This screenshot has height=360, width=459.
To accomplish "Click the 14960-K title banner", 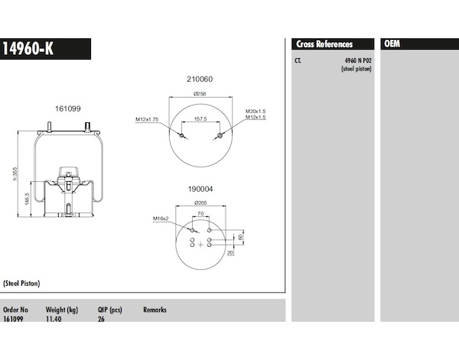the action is pos(45,49).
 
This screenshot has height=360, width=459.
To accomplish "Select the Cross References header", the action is pos(324,44).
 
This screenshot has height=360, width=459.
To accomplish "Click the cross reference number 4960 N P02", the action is pos(358,60).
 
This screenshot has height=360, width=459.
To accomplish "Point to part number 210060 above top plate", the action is pos(200,79).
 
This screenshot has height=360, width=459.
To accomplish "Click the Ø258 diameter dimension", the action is pos(200,93).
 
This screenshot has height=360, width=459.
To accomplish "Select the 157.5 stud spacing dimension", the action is pos(200,118).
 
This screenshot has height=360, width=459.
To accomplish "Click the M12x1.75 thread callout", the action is pos(147,119).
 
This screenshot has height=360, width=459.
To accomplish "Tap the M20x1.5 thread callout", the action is pos(256,111).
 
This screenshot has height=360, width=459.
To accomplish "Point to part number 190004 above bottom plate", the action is pos(200,189).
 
